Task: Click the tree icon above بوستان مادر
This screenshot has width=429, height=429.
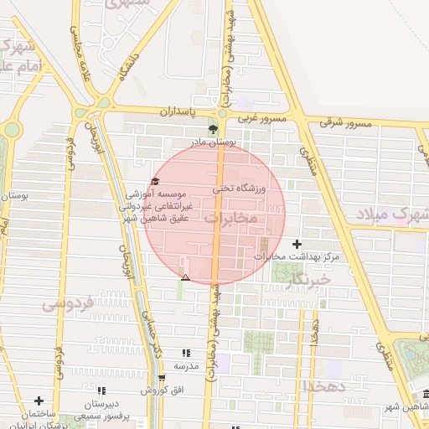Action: tap(213, 129)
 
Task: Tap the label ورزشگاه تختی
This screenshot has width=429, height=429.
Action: tap(238, 189)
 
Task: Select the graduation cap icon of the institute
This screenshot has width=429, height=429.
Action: tap(154, 181)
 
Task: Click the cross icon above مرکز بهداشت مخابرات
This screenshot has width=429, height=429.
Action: tap(296, 244)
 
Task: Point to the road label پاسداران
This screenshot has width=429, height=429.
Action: tap(177, 111)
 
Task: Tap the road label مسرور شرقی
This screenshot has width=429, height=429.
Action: tap(339, 123)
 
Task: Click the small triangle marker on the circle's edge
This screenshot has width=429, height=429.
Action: tap(186, 277)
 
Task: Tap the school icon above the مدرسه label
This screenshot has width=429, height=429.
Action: tap(185, 354)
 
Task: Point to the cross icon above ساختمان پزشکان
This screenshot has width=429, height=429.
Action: tap(39, 401)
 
